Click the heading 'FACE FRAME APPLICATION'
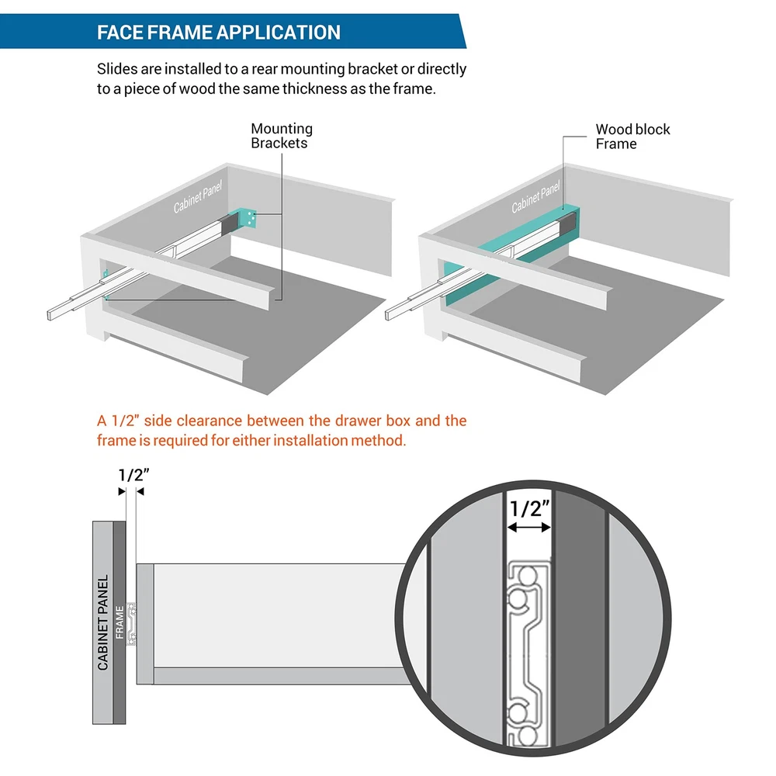pyautogui.click(x=218, y=33)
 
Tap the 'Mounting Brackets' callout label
pyautogui.click(x=282, y=136)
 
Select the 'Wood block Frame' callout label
pyautogui.click(x=632, y=137)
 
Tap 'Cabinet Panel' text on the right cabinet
pyautogui.click(x=536, y=197)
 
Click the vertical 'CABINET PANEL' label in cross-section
pyautogui.click(x=103, y=622)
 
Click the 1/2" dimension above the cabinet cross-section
pyautogui.click(x=132, y=475)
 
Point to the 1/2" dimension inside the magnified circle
pyautogui.click(x=529, y=509)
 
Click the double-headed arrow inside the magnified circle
pyautogui.click(x=528, y=528)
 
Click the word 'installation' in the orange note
pyautogui.click(x=309, y=441)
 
